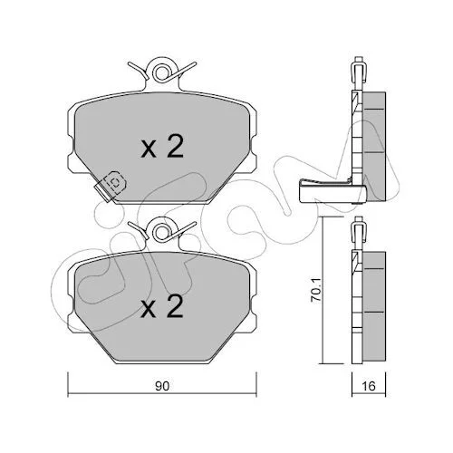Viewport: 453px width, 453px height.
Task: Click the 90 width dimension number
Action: [162, 386]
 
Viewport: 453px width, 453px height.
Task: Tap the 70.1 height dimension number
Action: [316, 290]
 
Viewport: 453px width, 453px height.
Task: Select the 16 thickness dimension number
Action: [369, 386]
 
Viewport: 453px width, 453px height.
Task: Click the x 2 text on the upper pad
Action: [162, 147]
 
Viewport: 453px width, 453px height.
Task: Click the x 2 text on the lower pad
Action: [162, 306]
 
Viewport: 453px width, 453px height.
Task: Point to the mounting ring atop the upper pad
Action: [162, 72]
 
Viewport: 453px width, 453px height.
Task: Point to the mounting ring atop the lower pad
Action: [162, 232]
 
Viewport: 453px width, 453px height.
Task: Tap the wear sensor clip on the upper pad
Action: [110, 186]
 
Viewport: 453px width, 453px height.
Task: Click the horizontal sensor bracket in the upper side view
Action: [333, 191]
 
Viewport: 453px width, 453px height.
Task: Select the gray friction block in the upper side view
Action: [373, 146]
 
